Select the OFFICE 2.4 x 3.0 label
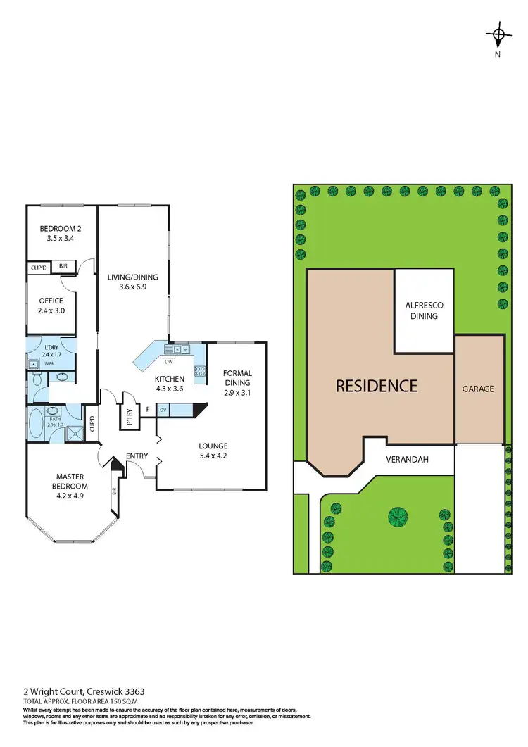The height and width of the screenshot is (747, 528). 51,305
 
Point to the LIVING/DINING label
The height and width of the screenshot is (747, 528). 132,282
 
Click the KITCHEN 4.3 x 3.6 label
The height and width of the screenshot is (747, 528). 169,384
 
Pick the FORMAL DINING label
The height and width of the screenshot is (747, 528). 237,378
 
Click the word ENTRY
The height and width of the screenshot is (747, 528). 137,456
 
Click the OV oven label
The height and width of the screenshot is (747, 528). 163,409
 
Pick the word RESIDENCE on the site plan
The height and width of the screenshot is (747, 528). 376,386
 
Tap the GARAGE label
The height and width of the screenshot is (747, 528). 478,388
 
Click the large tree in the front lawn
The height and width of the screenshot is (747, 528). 398,517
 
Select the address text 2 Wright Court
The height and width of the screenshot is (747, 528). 56,692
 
